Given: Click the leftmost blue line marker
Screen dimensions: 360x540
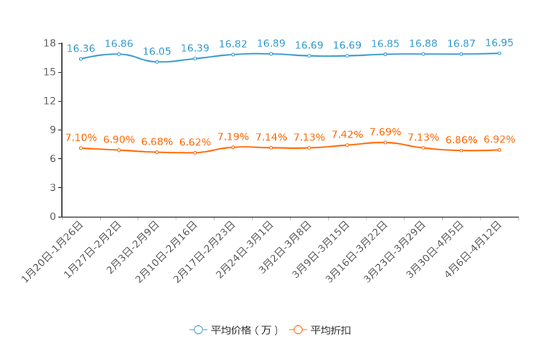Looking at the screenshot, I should click(x=81, y=59).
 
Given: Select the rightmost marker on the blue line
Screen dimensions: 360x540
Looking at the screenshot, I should click(x=499, y=53).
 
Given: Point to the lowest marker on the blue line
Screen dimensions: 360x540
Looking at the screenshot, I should click(x=157, y=62).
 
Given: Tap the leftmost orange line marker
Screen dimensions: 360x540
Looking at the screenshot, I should click(x=81, y=148).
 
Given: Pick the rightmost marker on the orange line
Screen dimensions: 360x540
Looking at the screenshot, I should click(x=499, y=150).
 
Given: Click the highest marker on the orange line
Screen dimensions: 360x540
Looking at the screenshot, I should click(x=385, y=142).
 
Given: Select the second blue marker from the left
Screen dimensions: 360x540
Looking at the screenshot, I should click(x=119, y=54).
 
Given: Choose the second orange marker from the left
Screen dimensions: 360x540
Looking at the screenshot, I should click(x=119, y=150).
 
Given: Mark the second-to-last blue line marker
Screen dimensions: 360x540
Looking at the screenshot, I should click(x=461, y=54).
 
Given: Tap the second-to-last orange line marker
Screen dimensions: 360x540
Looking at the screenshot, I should click(x=461, y=150).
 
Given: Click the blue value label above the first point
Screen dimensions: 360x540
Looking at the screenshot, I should click(x=81, y=49).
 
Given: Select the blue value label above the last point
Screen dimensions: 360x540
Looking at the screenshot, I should click(x=499, y=43).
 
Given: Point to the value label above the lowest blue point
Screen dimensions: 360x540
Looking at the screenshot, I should click(x=157, y=52).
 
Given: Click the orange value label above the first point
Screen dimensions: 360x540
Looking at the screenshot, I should click(x=81, y=137).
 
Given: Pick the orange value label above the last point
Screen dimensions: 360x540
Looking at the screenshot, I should click(x=499, y=139).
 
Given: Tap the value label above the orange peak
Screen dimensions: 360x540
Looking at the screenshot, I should click(x=385, y=131).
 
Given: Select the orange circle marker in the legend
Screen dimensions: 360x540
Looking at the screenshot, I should click(x=298, y=330).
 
